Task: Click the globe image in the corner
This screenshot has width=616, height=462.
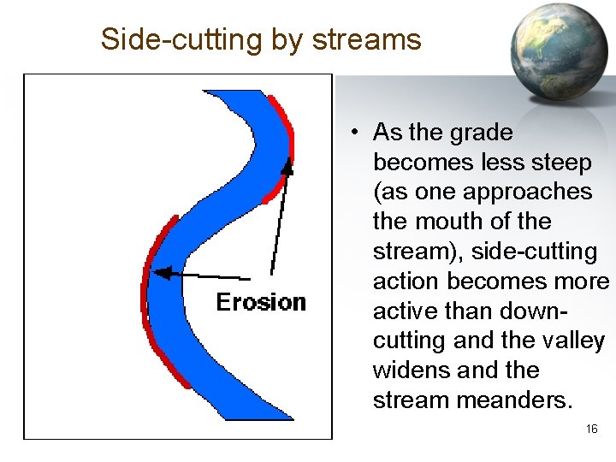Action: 559,46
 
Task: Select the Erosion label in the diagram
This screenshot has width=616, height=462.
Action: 260,302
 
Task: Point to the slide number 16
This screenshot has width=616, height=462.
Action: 591,429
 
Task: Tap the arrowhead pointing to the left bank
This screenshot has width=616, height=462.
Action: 160,272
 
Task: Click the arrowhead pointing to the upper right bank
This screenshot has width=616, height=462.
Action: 287,166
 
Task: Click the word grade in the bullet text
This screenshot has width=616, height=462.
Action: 481,133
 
